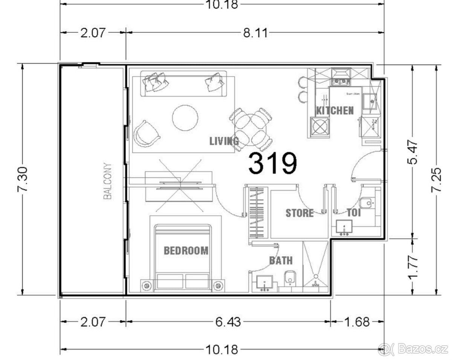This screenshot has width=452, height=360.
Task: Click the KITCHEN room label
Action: point(334,110)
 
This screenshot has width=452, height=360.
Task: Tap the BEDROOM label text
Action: point(186,250)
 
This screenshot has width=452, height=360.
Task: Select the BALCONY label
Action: point(108,181)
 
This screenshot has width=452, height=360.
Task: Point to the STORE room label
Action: point(299,213)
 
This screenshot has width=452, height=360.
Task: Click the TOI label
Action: point(354,213)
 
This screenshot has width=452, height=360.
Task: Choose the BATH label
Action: point(281,260)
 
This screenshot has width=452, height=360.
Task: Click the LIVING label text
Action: point(224,141)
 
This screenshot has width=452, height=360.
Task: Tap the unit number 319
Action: point(273,164)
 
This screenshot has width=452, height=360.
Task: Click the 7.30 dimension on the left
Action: point(23,179)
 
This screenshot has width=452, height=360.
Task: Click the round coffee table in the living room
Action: point(185,118)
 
